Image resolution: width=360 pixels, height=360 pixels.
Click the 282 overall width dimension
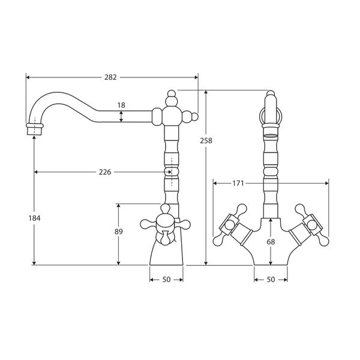point(110,77)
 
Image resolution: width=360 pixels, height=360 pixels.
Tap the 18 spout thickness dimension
point(122,105)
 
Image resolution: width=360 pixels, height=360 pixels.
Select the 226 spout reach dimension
point(104,172)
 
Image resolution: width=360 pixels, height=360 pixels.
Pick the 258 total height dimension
point(207,140)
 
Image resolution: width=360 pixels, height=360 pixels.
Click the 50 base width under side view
point(166,280)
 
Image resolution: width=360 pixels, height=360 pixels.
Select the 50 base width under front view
point(271,280)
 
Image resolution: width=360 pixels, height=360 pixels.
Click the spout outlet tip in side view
point(35,128)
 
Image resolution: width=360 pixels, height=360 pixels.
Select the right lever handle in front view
point(311,226)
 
